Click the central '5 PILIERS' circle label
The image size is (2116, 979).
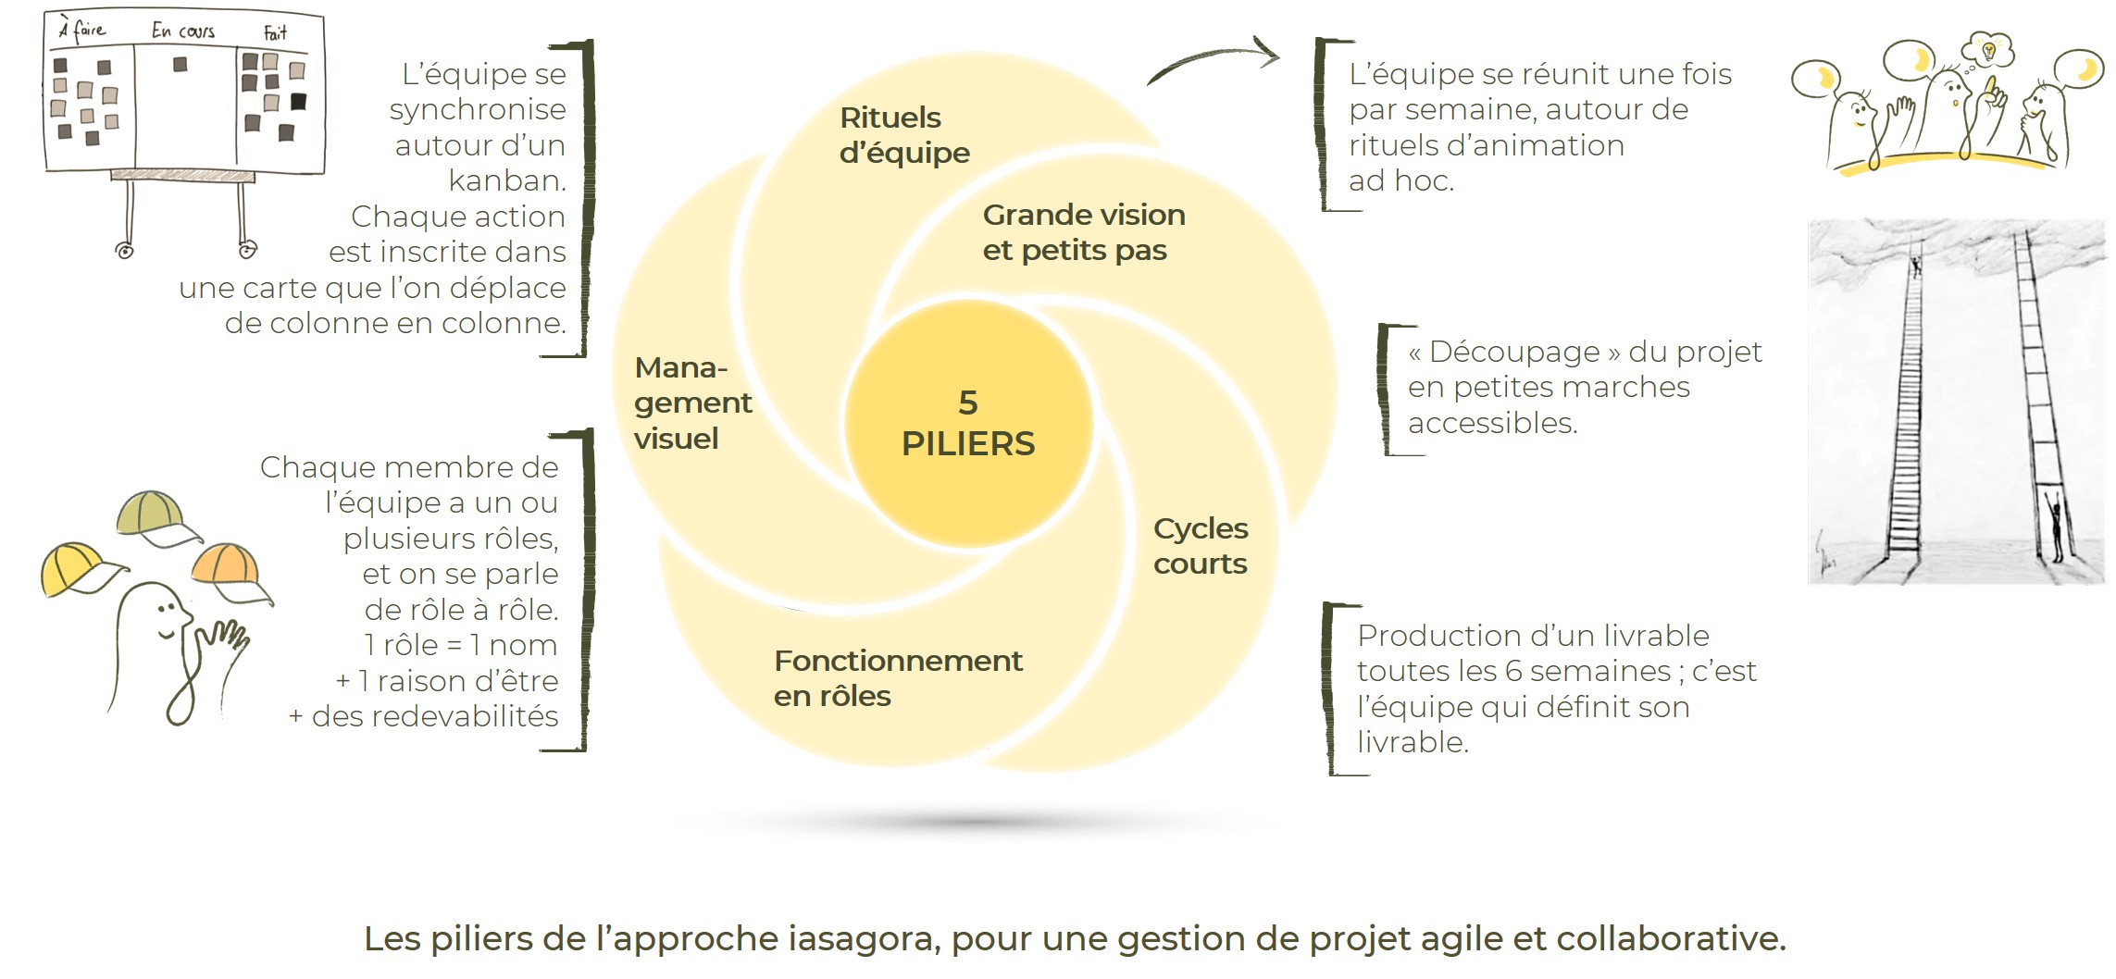[968, 424]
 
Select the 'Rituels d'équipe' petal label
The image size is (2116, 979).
[903, 135]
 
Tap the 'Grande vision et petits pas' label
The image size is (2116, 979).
[1083, 232]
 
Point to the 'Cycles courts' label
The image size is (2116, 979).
[1200, 546]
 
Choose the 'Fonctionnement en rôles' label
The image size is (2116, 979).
[897, 678]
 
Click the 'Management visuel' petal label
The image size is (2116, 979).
[691, 403]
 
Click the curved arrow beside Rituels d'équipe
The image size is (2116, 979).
[1213, 59]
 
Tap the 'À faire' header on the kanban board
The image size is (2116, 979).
[83, 30]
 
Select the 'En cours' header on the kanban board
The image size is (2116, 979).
[183, 31]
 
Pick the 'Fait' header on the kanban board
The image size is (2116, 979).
[275, 33]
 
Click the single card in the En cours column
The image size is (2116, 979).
[180, 65]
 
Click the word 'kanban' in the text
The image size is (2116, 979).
[505, 180]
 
